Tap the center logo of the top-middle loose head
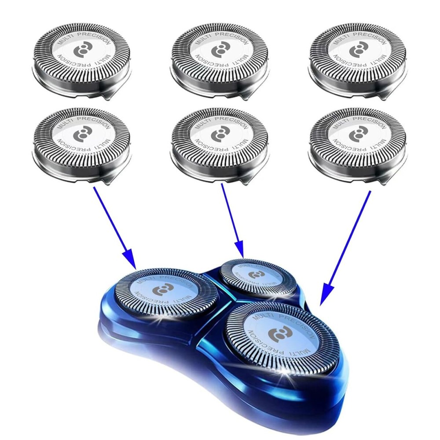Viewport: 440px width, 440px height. [x=219, y=49]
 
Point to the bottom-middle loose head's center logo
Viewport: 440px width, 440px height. [x=219, y=134]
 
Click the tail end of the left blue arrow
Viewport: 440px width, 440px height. [x=94, y=187]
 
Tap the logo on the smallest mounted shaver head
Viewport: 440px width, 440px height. [x=254, y=275]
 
